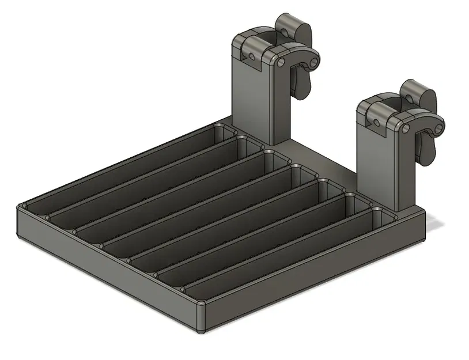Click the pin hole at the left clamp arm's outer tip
[x=313, y=60]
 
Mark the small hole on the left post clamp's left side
[x=252, y=56]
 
